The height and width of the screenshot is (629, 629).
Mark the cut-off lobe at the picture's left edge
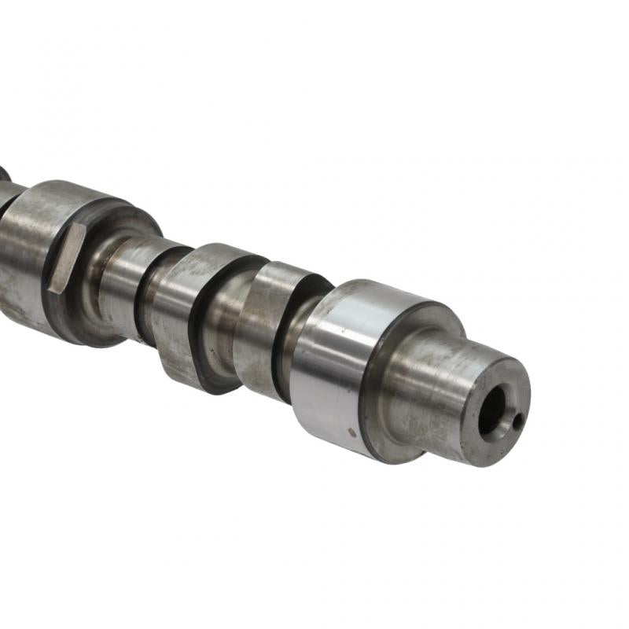pyautogui.click(x=4, y=173)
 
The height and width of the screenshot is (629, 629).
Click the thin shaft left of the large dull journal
pyautogui.click(x=8, y=197)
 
